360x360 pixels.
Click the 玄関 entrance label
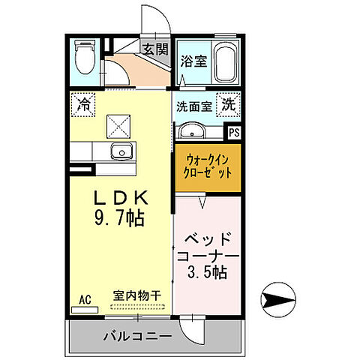pyautogui.click(x=156, y=51)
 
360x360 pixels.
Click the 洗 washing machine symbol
pyautogui.click(x=226, y=106)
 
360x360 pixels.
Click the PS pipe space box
pyautogui.click(x=235, y=133)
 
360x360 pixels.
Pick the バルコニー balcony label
pyautogui.click(x=137, y=335)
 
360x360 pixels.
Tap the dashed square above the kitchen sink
pyautogui.click(x=118, y=123)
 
